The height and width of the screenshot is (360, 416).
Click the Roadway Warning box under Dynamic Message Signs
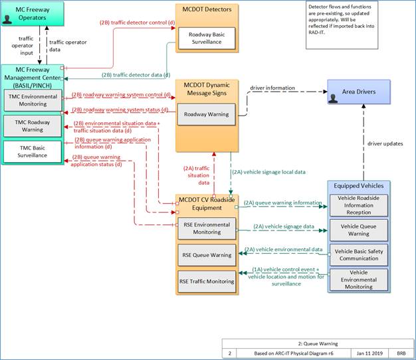click(207, 114)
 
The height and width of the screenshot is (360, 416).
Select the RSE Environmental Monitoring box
click(207, 228)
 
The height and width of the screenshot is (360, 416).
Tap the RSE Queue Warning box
click(207, 255)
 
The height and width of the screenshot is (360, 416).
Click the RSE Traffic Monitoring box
click(207, 282)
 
